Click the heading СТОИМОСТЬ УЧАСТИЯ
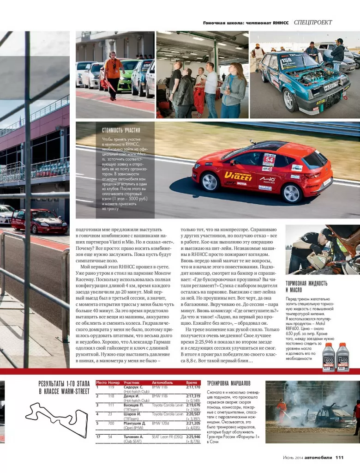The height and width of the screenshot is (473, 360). point(121,130)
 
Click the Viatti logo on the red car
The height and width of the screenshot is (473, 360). point(238,176)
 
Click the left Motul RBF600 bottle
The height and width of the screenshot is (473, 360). point(329,357)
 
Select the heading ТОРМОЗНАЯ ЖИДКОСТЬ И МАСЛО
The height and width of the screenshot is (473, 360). point(306,286)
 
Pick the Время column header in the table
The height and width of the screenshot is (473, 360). point(192,383)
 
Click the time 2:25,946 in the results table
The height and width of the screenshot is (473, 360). point(193,437)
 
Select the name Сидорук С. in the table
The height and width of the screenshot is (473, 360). point(133,387)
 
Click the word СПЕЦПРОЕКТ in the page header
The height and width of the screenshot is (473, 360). point(312,22)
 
